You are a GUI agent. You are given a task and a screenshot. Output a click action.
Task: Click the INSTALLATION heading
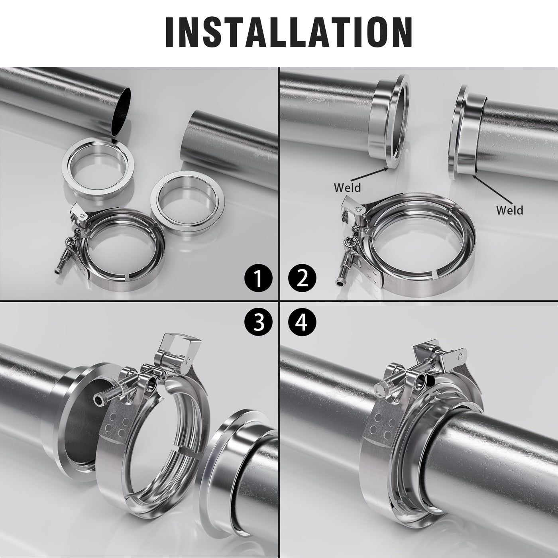(x=289, y=32)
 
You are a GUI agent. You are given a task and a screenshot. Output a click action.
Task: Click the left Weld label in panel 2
(x=347, y=188)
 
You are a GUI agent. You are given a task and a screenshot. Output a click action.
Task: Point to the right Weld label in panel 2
(x=510, y=210)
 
